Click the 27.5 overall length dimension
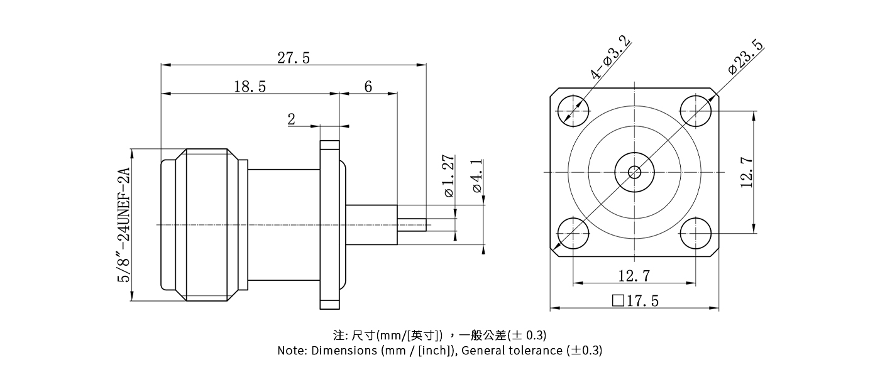(294, 58)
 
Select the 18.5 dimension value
(250, 87)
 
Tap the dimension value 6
(368, 87)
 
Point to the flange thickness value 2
(292, 119)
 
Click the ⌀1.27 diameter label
(448, 175)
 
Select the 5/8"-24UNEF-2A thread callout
(124, 225)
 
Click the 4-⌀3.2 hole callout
(610, 58)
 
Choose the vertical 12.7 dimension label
(747, 172)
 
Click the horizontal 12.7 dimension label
(634, 275)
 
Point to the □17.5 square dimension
(635, 301)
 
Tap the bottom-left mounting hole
(572, 234)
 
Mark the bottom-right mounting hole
(696, 234)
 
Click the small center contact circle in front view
(634, 172)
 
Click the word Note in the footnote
(292, 351)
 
